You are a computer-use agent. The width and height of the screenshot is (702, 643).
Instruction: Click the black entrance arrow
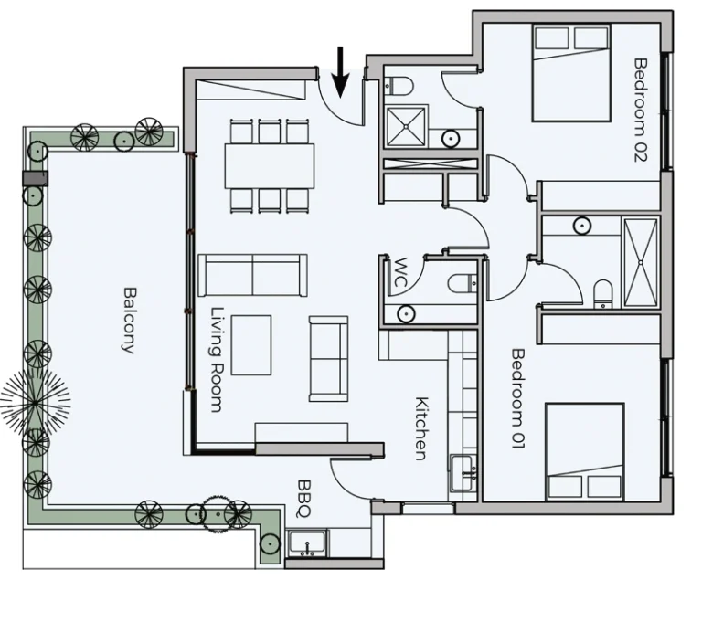pyautogui.click(x=340, y=71)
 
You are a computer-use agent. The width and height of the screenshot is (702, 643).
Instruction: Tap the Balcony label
pyautogui.click(x=130, y=321)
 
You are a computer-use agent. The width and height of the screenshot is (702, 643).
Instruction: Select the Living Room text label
pyautogui.click(x=217, y=359)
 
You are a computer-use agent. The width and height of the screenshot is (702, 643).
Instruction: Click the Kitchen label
pyautogui.click(x=421, y=428)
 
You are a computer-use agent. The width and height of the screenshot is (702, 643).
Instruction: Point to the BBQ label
pyautogui.click(x=304, y=499)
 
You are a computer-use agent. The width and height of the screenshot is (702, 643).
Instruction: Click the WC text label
pyautogui.click(x=399, y=272)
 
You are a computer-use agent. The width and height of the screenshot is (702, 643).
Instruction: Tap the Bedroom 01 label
pyautogui.click(x=518, y=398)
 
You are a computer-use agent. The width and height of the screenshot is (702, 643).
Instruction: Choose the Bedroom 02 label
pyautogui.click(x=641, y=110)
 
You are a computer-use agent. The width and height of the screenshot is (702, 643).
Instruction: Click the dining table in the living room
pyautogui.click(x=269, y=165)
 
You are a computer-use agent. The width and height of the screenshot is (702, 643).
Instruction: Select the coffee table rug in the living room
pyautogui.click(x=251, y=345)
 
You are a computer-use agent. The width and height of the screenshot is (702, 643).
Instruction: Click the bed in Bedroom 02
pyautogui.click(x=571, y=73)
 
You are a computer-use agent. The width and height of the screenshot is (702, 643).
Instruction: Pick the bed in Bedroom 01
pyautogui.click(x=585, y=451)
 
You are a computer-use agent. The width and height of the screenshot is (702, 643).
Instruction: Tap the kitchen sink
pyautogui.click(x=463, y=473)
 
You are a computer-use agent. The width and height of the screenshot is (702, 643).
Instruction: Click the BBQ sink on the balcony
pyautogui.click(x=307, y=543)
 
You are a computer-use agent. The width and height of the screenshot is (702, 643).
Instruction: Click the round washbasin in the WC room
pyautogui.click(x=406, y=313)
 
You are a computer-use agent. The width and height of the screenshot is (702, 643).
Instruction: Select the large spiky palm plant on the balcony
pyautogui.click(x=35, y=404)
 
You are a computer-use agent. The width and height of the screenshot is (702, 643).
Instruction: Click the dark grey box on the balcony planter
pyautogui.click(x=35, y=178)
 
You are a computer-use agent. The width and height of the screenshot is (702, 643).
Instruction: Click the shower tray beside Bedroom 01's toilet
pyautogui.click(x=641, y=263)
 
